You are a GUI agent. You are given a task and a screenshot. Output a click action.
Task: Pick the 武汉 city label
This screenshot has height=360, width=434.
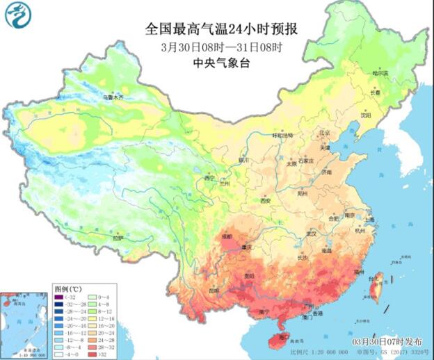(x=300, y=234)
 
